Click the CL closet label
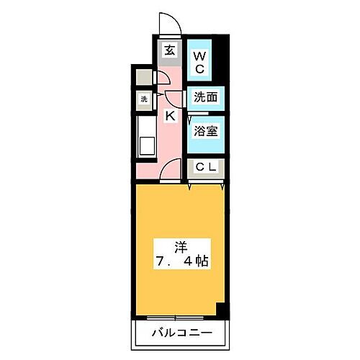tap(205, 167)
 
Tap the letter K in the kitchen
tap(171, 115)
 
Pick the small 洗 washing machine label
tap(143, 99)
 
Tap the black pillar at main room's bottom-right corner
tap(222, 312)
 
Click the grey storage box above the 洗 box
tap(143, 78)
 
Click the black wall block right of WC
tap(222, 61)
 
